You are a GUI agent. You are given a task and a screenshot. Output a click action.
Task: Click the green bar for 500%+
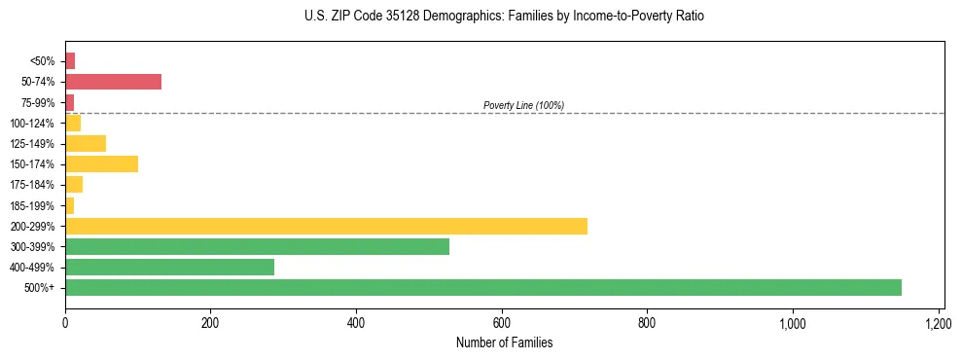[x=483, y=287]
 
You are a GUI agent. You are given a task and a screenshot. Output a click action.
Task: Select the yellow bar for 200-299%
[x=326, y=226]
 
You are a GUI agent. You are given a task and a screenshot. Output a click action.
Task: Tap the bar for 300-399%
[x=257, y=246]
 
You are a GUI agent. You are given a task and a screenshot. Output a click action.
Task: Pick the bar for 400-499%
[x=169, y=267]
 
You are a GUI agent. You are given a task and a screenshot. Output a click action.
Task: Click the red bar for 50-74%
[x=113, y=82]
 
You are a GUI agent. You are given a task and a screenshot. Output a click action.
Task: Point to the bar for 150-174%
[x=101, y=163]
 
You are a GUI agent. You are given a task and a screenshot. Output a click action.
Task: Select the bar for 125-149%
[x=86, y=143]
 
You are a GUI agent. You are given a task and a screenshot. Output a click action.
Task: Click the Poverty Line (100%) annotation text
[x=523, y=105]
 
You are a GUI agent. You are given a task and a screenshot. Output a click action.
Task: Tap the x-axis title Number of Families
[x=503, y=342]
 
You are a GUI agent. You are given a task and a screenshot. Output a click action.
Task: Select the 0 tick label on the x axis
[x=65, y=322]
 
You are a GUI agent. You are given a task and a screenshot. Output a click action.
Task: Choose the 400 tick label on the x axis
[x=356, y=322]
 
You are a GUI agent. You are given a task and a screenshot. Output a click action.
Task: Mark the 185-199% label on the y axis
[x=34, y=205]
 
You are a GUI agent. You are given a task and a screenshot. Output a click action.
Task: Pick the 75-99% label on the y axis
[x=37, y=102]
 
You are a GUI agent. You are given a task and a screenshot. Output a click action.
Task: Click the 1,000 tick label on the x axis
[x=793, y=322]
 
